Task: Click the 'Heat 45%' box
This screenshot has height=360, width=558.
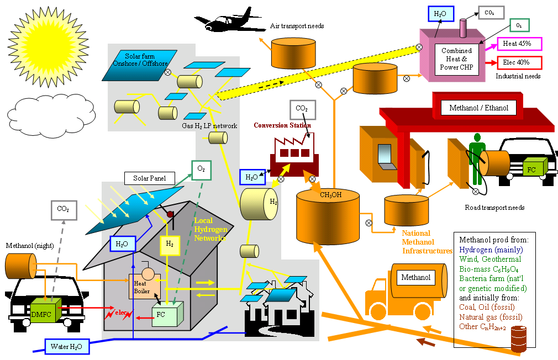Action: [519, 44]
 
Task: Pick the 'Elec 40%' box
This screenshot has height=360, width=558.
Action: [519, 63]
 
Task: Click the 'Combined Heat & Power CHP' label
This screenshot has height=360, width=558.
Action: [456, 59]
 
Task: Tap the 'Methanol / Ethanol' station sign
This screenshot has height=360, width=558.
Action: [478, 108]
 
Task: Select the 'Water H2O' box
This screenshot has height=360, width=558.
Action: [66, 347]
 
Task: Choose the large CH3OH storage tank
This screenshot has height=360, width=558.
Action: [328, 216]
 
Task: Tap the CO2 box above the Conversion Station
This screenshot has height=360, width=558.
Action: [302, 109]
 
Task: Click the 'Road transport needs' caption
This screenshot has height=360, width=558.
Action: [494, 208]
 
